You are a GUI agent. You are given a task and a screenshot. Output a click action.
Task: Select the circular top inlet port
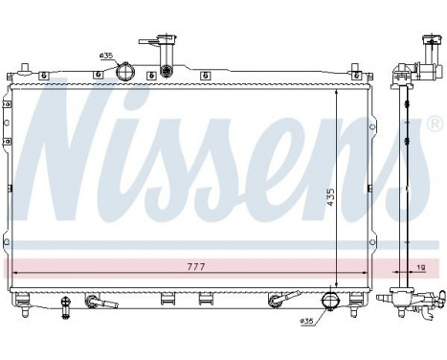point(124,72)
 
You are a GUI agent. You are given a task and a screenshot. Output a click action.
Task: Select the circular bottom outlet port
point(330,301)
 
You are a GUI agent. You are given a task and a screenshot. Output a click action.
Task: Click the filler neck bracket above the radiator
point(159,46)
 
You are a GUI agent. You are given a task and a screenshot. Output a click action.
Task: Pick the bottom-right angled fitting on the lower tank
point(278,302)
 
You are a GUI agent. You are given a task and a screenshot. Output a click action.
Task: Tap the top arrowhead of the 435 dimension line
point(336,94)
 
